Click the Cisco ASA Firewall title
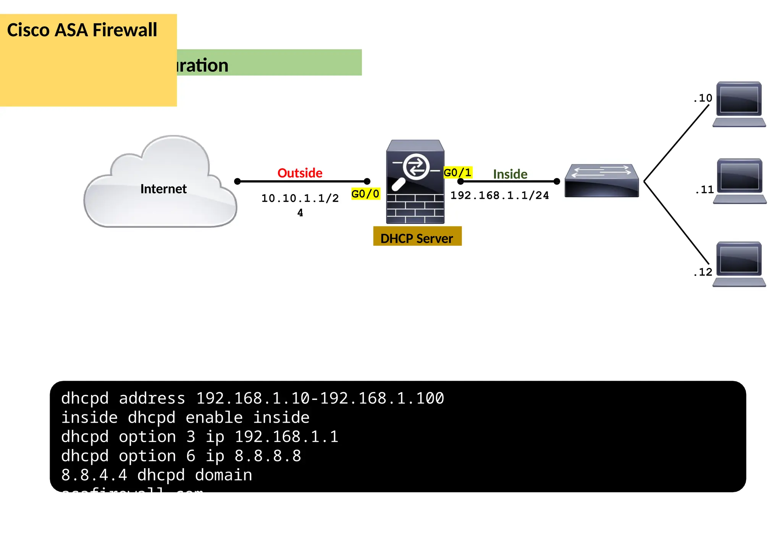(x=82, y=30)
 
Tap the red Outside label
(x=300, y=173)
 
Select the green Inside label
(x=510, y=174)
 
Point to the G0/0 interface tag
(x=365, y=194)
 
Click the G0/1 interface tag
(x=457, y=172)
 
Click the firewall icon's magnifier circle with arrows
(x=416, y=166)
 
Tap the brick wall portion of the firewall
(x=415, y=209)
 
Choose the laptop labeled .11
(x=740, y=181)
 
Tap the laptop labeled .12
(x=739, y=264)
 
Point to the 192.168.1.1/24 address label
(x=499, y=195)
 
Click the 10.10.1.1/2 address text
(x=300, y=198)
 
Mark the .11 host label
(x=704, y=190)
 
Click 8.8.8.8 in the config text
(x=268, y=456)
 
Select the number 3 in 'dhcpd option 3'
(x=191, y=436)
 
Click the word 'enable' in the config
(x=214, y=417)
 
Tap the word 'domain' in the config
(x=223, y=475)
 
